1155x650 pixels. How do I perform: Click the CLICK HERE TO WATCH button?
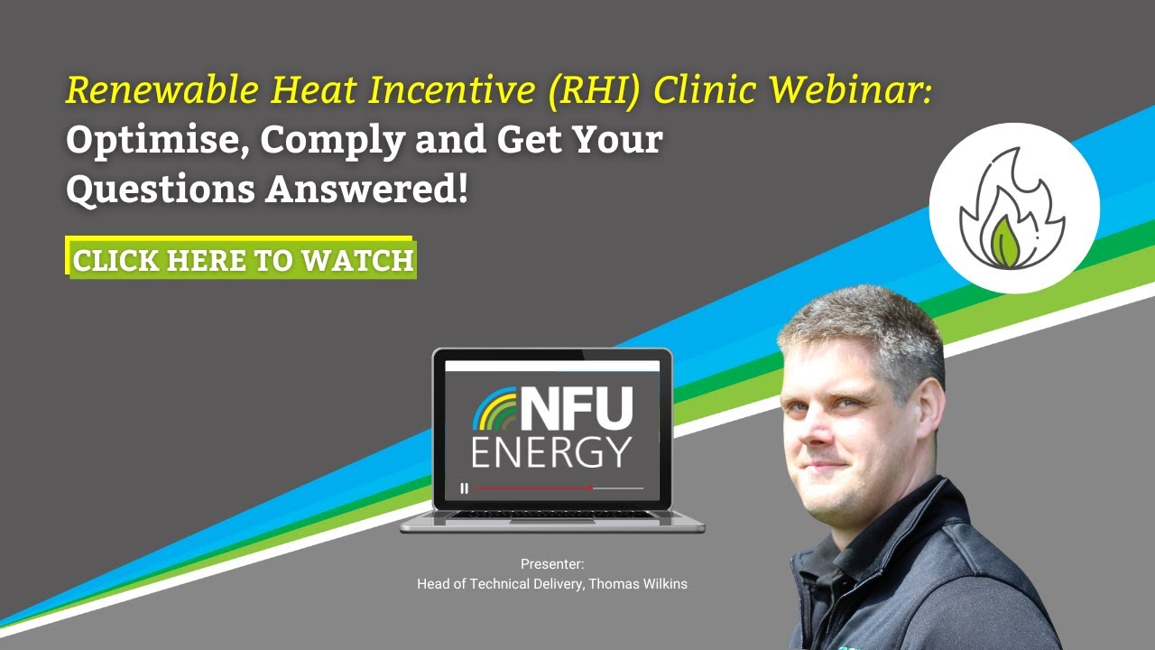click(x=243, y=260)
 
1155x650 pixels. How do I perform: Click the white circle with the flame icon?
click(x=1014, y=208)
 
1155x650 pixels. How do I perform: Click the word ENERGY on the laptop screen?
click(x=552, y=451)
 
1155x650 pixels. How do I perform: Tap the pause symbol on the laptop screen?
click(x=465, y=488)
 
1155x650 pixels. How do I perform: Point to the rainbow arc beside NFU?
click(x=494, y=411)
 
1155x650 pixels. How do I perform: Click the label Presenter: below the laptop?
click(x=552, y=564)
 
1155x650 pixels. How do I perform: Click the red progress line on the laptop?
click(x=532, y=488)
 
